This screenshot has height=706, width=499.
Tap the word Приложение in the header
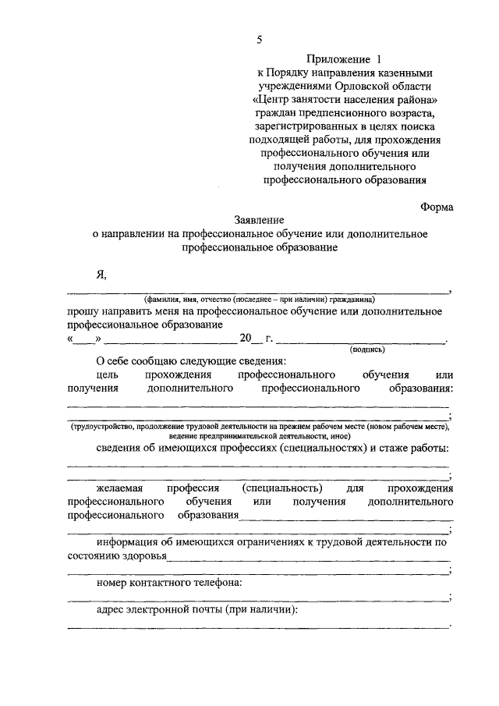click(x=337, y=59)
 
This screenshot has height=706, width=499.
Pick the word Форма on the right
click(x=436, y=208)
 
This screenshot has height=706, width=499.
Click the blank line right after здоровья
click(x=309, y=557)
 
